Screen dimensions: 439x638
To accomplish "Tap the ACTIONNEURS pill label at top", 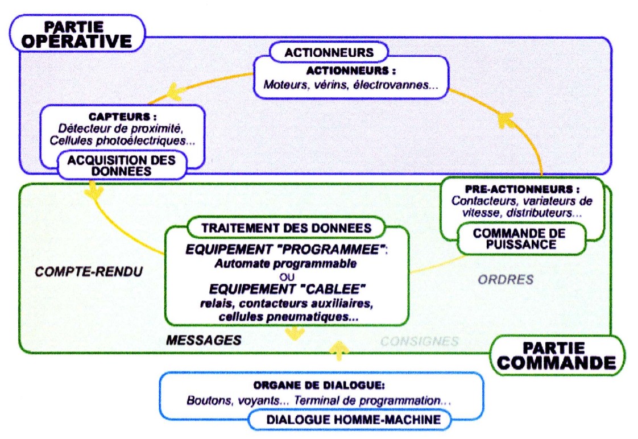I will click(329, 53).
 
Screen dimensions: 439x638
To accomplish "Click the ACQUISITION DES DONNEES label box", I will click(121, 165).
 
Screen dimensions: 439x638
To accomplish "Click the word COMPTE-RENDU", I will click(88, 272).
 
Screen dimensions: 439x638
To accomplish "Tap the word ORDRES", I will click(505, 279).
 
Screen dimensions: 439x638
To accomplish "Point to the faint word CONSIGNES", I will click(419, 341).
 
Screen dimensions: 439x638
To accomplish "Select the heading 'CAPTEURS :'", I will click(123, 116).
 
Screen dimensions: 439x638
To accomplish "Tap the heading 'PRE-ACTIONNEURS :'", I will click(522, 189).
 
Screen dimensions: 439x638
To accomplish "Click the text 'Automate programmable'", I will click(286, 264).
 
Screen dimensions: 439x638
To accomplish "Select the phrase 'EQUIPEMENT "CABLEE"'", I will click(286, 288).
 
